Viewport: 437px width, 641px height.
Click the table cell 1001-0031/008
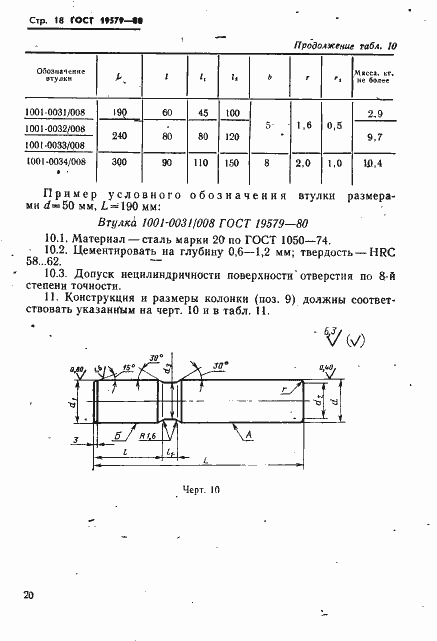click(58, 114)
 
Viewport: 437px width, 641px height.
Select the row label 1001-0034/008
click(58, 159)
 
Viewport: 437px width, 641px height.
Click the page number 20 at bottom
click(28, 596)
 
